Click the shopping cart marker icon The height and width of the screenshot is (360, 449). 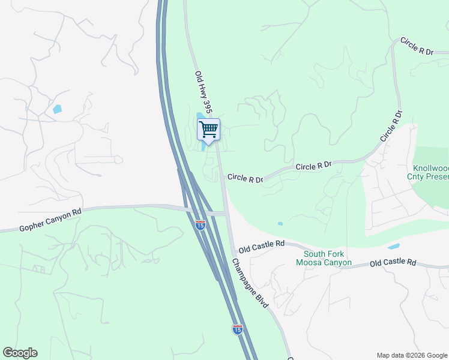[208, 129]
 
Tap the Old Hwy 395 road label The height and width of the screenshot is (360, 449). [203, 92]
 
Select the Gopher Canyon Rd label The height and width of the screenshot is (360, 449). [50, 220]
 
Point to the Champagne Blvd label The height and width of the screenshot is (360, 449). [251, 283]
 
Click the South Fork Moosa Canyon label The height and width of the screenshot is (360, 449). [324, 258]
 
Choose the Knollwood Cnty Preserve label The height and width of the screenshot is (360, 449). [430, 172]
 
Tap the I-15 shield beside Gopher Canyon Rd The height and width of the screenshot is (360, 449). [200, 224]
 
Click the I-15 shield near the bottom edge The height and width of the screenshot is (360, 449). [238, 329]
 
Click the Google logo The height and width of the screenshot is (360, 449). [20, 353]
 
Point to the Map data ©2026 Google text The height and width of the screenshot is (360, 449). [411, 355]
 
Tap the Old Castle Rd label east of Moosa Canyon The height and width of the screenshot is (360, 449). [393, 263]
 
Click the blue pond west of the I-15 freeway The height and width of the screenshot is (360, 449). [57, 109]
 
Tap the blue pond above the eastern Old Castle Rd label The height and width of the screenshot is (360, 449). [394, 246]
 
